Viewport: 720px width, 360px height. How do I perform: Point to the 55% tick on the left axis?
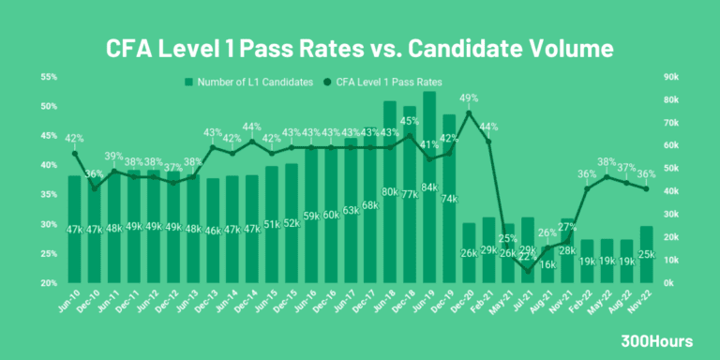(49, 76)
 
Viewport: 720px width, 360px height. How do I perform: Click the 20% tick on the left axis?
(49, 283)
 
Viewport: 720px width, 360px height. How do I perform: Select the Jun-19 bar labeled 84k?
(429, 187)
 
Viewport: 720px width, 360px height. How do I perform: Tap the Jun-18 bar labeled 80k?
(390, 192)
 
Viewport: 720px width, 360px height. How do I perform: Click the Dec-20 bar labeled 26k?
(469, 253)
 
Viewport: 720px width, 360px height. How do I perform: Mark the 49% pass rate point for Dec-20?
(469, 112)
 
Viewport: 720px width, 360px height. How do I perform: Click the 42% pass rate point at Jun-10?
(75, 153)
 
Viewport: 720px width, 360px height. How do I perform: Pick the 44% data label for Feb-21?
(488, 127)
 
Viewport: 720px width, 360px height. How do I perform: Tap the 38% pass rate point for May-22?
(607, 176)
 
